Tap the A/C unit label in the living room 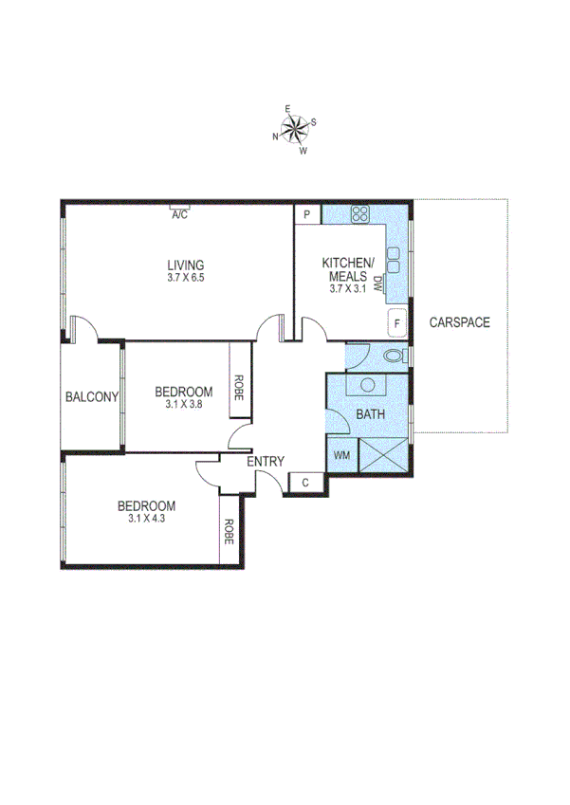point(179,215)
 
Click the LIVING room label point(186,265)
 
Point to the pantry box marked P point(307,215)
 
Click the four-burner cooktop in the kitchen point(360,214)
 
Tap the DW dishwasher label point(377,283)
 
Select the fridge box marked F point(397,323)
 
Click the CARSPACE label point(459,322)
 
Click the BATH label point(368,414)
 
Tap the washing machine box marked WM point(340,456)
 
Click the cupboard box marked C point(305,484)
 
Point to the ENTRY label point(266,462)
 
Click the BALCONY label point(91,397)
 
